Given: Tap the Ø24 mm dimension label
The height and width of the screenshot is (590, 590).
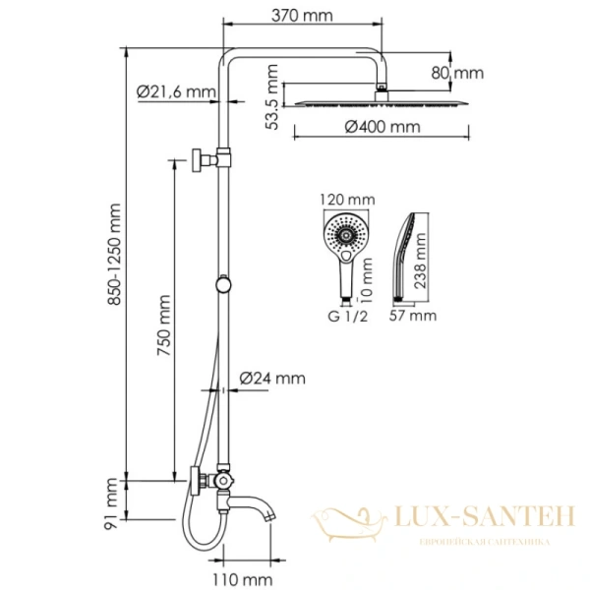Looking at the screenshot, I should coord(272,378).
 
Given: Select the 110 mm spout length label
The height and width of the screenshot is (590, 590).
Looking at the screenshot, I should coord(244,579).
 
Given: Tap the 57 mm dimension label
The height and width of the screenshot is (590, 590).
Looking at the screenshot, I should coord(413,316).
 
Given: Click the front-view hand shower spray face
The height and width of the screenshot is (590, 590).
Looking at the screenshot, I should coord(346,237).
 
